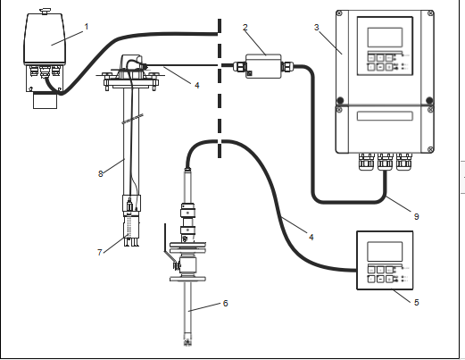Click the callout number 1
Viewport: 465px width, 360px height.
(x=87, y=27)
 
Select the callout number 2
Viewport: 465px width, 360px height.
(x=245, y=28)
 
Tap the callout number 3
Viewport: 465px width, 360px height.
(x=317, y=28)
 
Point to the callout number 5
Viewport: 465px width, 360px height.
(x=417, y=302)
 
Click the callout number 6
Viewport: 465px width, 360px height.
(x=226, y=303)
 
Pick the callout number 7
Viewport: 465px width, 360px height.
(x=100, y=253)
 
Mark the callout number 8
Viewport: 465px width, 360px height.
(x=101, y=173)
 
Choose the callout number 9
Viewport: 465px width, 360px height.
(x=417, y=216)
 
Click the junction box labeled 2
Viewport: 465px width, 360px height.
(x=263, y=66)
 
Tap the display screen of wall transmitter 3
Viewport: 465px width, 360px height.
(x=385, y=38)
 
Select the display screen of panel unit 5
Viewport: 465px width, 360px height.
(x=385, y=252)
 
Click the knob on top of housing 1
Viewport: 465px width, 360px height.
(x=46, y=12)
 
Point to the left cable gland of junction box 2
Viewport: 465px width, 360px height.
(x=239, y=66)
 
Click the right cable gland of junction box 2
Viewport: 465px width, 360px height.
(x=287, y=66)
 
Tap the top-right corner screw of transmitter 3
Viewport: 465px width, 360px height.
(x=430, y=13)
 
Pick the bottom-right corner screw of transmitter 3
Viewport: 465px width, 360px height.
(x=430, y=149)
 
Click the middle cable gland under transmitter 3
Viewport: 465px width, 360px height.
(x=386, y=162)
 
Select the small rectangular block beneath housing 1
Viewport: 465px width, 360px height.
(x=45, y=101)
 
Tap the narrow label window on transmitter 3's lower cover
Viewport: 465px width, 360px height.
(x=385, y=116)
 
